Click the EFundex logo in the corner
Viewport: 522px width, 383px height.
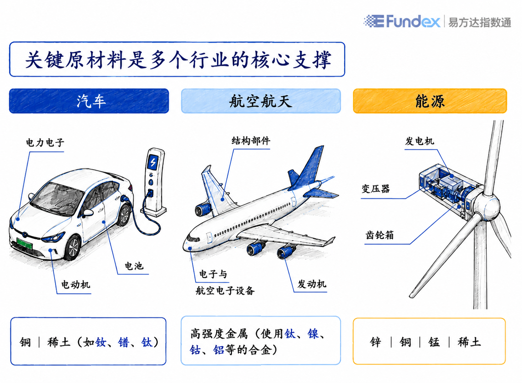coord(402,21)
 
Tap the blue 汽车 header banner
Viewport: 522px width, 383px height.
coord(89,101)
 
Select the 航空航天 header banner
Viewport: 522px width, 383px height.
coord(261,101)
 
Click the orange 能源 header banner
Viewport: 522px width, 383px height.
coord(430,101)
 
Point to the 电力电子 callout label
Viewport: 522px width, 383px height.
coord(45,143)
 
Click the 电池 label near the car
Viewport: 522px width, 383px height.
coord(134,266)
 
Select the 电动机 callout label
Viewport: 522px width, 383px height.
coord(76,285)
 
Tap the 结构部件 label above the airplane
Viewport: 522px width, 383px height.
coord(251,141)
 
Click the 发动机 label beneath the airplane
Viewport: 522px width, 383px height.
coord(312,284)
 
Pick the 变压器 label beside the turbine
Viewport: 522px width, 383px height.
coord(376,189)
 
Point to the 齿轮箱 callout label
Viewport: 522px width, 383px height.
coord(380,235)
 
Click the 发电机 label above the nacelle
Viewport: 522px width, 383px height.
coord(420,141)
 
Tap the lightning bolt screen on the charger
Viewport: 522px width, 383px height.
coord(153,162)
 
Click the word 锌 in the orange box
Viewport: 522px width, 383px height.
coord(376,342)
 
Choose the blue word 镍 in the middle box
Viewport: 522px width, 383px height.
coord(313,334)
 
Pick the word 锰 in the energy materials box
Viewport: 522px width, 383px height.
coord(434,342)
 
